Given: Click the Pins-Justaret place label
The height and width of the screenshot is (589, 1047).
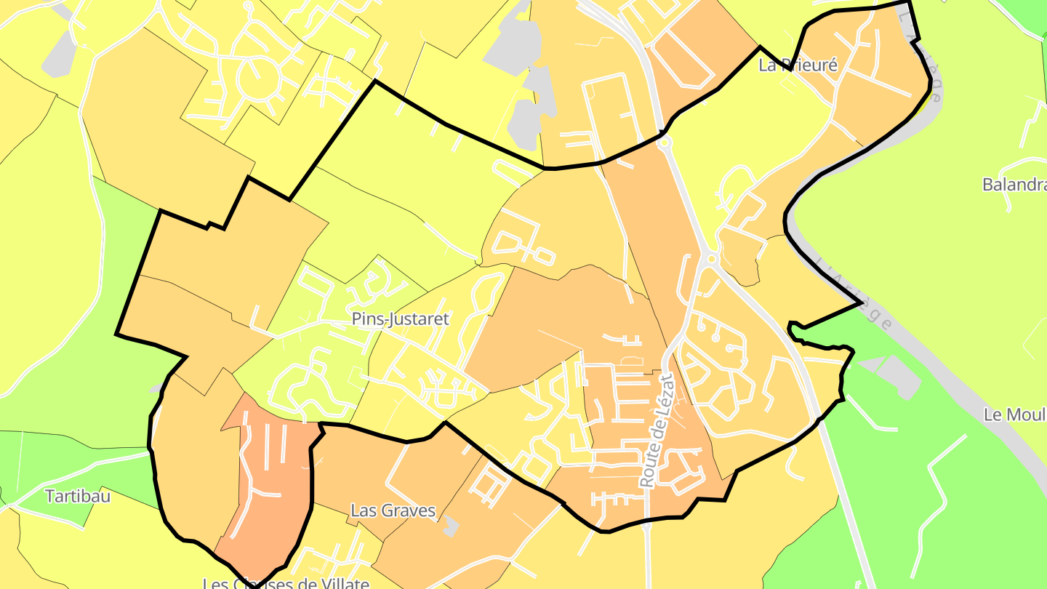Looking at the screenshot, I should (400, 318).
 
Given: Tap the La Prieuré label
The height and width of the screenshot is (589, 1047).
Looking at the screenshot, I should (798, 65).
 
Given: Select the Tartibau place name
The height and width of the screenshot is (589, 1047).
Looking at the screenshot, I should (78, 497).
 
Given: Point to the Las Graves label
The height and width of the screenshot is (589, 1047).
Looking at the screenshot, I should (393, 510).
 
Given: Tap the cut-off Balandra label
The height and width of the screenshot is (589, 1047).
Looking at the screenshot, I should (1014, 185).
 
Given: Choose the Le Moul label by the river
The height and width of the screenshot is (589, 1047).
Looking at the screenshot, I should (1014, 414).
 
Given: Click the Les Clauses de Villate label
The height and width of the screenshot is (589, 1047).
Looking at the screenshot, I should (286, 583).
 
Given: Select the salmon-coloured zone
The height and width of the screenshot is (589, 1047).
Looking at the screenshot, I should (273, 480).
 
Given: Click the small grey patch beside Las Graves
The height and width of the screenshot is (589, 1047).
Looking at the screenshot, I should (451, 526).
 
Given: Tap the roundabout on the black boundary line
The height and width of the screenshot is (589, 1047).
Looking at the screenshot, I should (664, 143).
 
